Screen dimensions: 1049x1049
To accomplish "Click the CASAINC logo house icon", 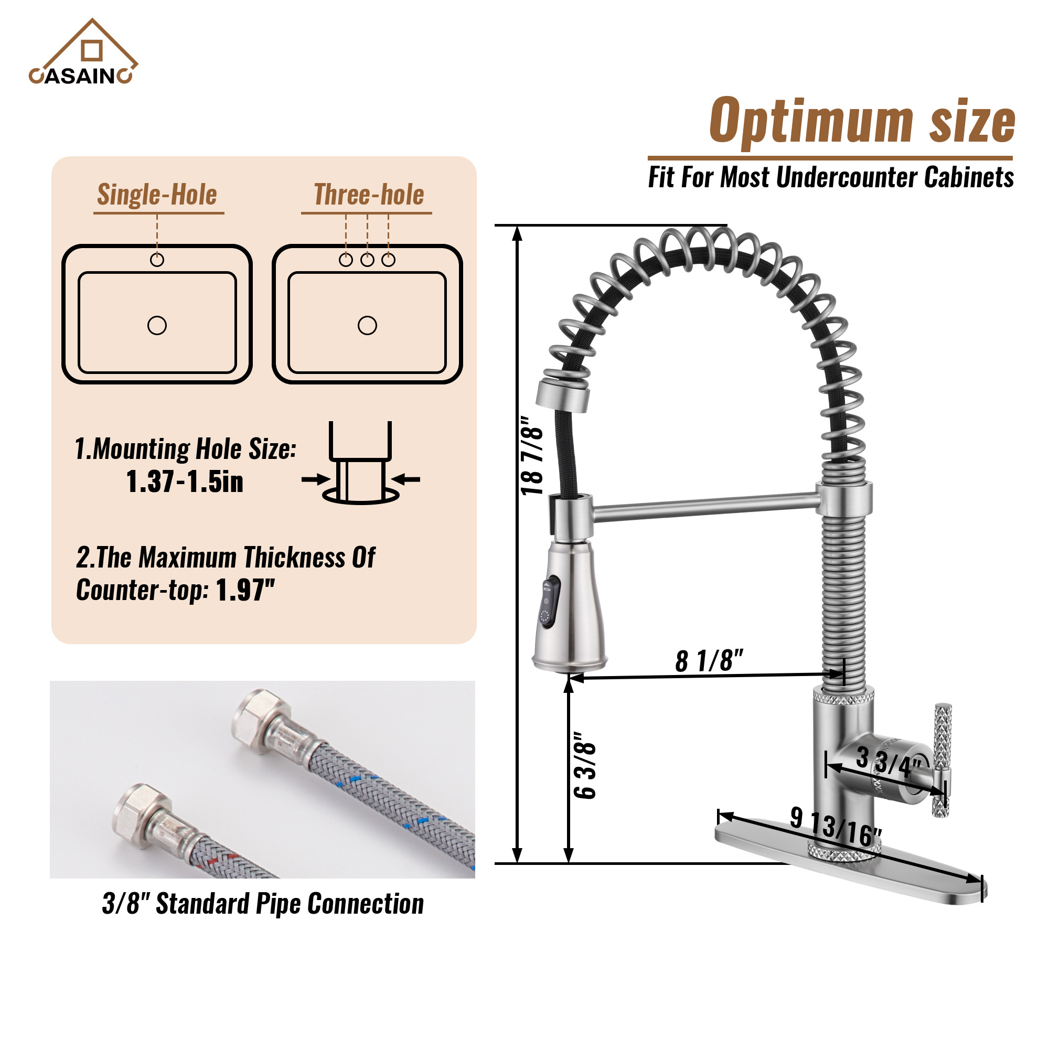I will coord(91,46).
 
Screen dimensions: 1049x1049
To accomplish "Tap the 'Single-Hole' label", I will coord(157,195).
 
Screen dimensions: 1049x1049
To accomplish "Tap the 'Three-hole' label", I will coord(369,195).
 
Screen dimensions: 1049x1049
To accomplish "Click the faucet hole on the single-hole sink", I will coord(157,260).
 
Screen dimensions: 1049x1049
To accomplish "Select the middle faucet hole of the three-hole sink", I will coord(367,260).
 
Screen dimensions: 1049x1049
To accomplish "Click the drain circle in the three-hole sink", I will coord(367,325).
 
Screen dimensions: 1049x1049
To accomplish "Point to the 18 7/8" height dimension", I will coord(531,456).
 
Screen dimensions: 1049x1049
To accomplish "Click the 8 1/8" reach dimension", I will coord(709,661).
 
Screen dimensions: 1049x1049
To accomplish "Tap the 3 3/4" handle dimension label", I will coord(889,762).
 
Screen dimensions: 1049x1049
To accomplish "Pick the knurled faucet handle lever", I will coord(942,760).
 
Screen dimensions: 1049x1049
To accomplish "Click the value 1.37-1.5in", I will coord(185,481).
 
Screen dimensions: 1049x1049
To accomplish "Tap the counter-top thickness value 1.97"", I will coord(245,590).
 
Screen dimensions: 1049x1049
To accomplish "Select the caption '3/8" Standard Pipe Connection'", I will coord(263,904).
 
